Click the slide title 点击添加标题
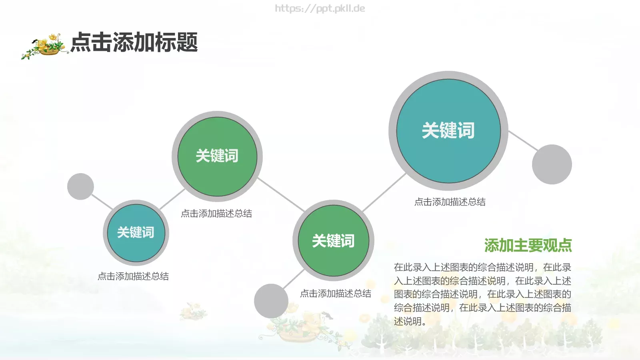coord(134,42)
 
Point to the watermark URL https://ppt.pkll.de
coord(320,8)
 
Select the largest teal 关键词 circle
coord(448,131)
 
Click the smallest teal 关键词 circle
coord(136,232)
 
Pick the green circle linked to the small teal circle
coord(217,156)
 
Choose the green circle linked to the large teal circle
coord(333,241)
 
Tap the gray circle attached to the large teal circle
coord(552,164)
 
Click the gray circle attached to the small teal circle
coord(80,186)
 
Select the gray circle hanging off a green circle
coord(271,301)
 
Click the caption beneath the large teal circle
coord(450,202)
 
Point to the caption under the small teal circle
coord(133,276)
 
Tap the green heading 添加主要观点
coord(528,245)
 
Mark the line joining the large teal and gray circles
coord(523,141)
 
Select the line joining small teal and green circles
coord(172,199)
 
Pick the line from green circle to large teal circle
coord(384,192)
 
